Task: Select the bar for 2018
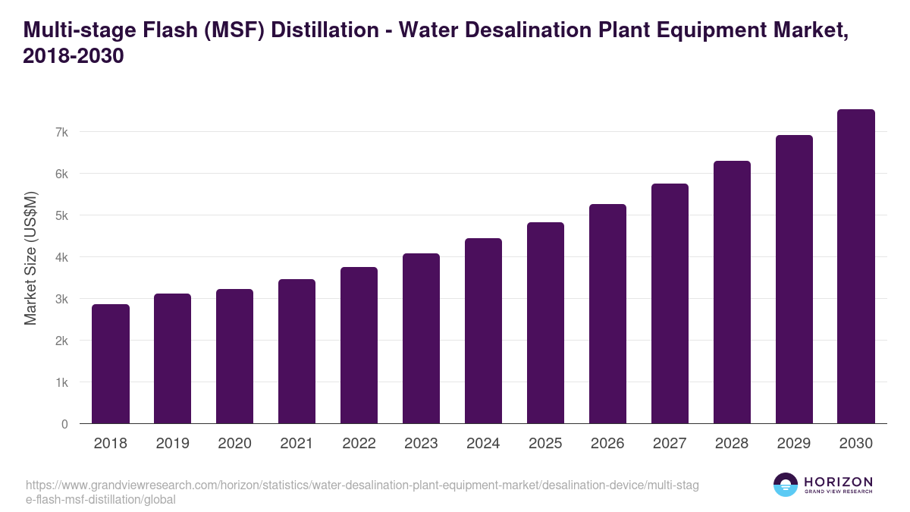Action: click(111, 364)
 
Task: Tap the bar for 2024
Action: click(483, 331)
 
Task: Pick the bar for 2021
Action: click(297, 352)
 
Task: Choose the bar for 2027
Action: click(670, 304)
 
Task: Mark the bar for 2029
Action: click(794, 280)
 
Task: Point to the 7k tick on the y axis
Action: click(61, 132)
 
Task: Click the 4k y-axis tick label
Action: click(61, 257)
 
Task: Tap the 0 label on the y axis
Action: click(64, 424)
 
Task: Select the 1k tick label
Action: click(61, 382)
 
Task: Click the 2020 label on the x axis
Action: click(234, 444)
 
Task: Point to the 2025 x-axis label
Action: click(545, 444)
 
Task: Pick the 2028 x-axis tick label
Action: click(732, 444)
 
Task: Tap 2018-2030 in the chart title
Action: click(74, 56)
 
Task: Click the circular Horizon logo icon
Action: click(786, 485)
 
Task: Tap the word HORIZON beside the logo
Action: click(838, 482)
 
